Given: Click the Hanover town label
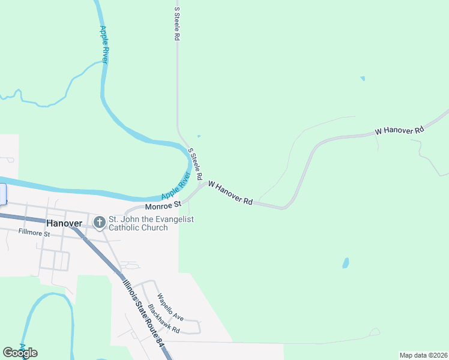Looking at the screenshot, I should (64, 223).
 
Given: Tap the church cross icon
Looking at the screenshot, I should (100, 223).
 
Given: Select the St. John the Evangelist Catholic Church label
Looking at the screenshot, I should (151, 223).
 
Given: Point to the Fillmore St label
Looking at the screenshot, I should (34, 232).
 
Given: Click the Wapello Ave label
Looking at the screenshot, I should (170, 306).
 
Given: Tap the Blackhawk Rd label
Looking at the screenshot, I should (163, 320).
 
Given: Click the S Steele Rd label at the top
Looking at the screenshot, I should (176, 24).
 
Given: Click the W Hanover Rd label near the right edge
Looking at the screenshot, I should (399, 130).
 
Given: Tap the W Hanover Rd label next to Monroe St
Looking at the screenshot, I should (230, 193).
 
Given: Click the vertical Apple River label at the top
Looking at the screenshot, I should (104, 44).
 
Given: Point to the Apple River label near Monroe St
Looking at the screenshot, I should (175, 187).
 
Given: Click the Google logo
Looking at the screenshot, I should (20, 353).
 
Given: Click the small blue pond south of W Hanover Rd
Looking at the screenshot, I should (346, 263).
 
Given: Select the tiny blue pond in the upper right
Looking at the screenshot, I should (362, 78).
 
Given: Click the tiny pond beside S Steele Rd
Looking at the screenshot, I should (199, 136).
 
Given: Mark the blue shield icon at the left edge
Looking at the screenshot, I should (2, 193).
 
